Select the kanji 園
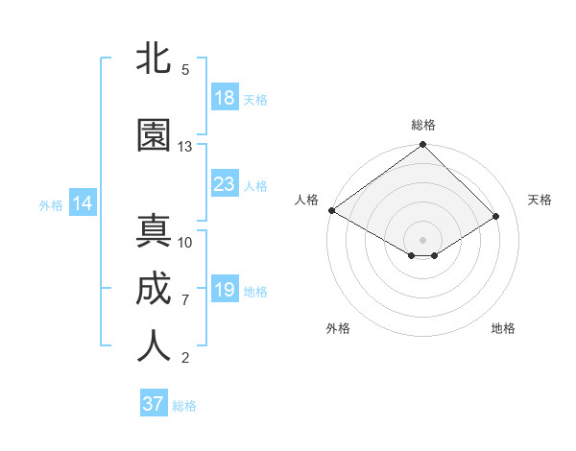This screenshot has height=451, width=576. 154,135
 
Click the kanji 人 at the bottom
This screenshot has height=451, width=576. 154,347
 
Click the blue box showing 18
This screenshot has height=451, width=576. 225,98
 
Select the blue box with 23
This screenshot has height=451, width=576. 225,184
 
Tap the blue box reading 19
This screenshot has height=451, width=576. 225,290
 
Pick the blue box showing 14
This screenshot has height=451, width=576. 83,203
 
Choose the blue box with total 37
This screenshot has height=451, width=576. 154,404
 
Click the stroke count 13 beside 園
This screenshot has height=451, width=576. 185,147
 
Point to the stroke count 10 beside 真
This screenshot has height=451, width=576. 185,242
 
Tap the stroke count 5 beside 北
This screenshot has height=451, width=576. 185,70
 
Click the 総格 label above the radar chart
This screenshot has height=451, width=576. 422,125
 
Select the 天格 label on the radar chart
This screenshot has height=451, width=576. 540,200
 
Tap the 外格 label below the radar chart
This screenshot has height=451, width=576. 338,328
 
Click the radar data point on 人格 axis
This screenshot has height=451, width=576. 331,210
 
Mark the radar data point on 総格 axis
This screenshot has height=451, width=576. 422,145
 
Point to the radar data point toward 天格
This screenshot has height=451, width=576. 496,216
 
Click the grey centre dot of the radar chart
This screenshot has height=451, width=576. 422,239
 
